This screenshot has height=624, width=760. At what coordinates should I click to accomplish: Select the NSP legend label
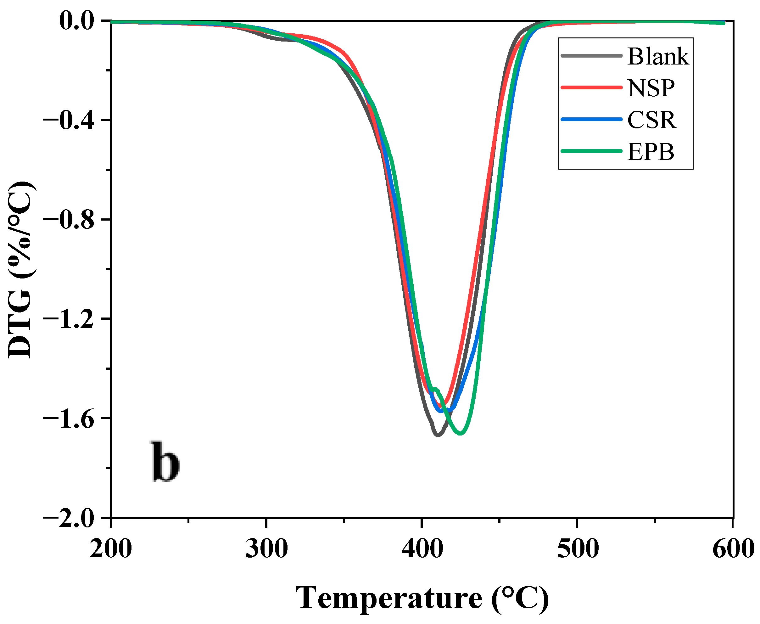651,88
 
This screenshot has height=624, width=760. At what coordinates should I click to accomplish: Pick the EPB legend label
651,151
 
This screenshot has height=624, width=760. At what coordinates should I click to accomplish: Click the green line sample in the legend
591,151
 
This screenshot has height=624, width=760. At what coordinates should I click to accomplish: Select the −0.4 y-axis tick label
68,121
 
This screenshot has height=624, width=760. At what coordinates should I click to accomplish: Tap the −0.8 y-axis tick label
68,220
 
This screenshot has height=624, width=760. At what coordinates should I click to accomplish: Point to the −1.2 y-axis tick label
68,319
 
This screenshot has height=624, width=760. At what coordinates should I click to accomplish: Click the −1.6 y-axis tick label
68,419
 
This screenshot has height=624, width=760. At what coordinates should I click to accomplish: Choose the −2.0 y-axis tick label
68,518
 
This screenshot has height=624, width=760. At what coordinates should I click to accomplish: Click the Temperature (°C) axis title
422,598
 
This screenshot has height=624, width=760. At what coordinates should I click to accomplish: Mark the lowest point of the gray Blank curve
438,435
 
